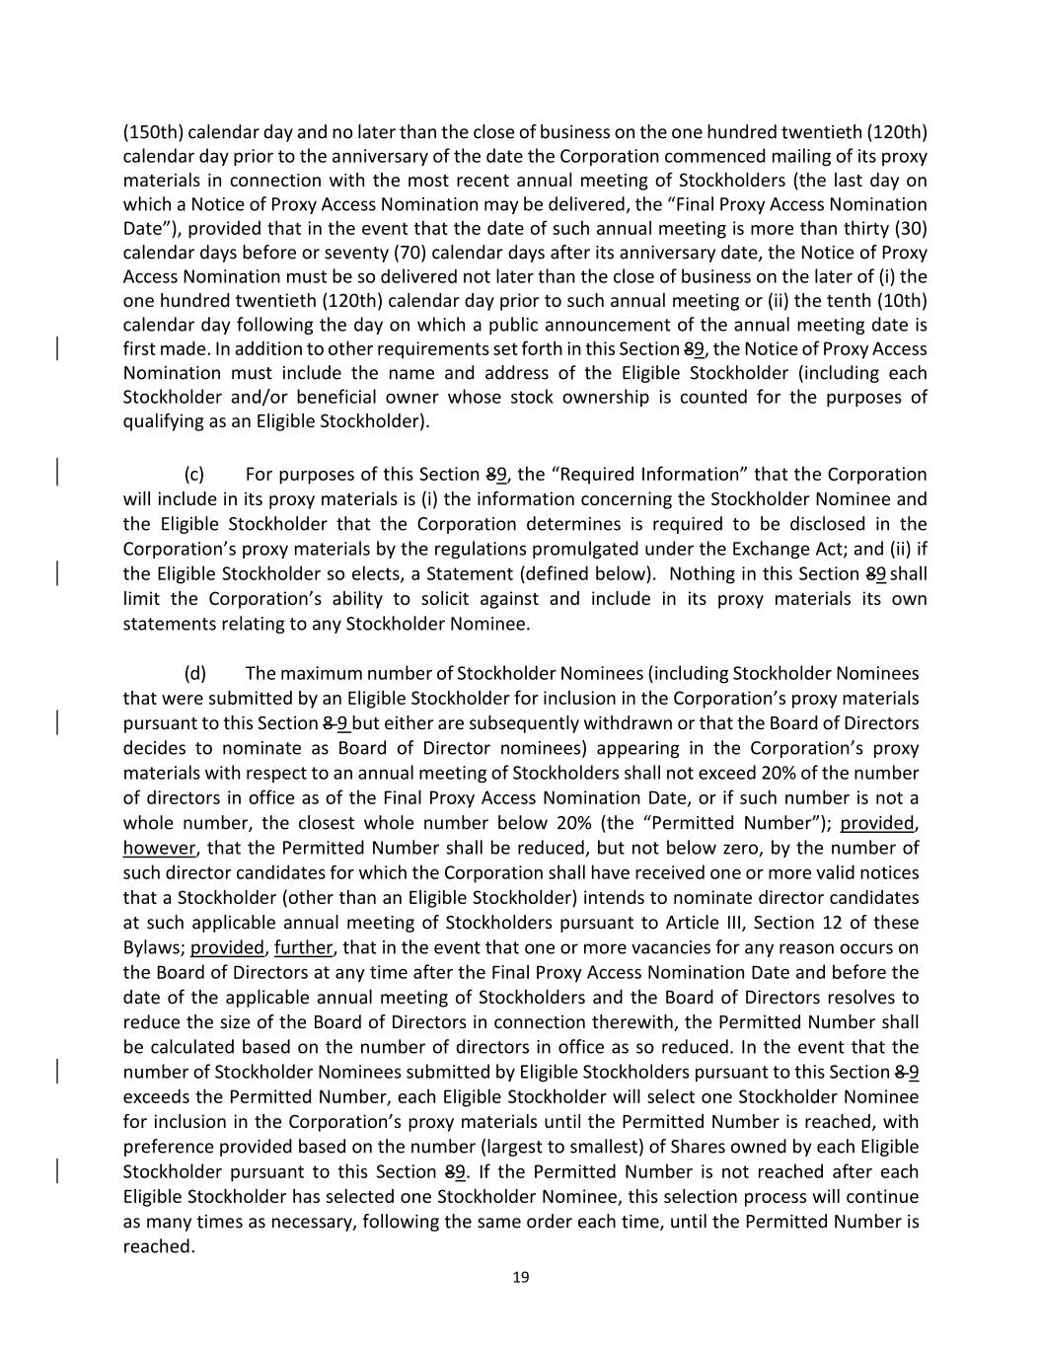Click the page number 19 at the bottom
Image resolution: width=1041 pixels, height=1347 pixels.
pyautogui.click(x=521, y=1277)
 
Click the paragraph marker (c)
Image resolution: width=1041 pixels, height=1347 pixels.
pyautogui.click(x=194, y=475)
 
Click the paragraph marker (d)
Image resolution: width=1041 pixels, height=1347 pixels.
pyautogui.click(x=195, y=673)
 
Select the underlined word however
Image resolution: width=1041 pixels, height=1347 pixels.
pyautogui.click(x=159, y=848)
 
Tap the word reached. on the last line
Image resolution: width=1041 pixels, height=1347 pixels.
pyautogui.click(x=158, y=1246)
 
